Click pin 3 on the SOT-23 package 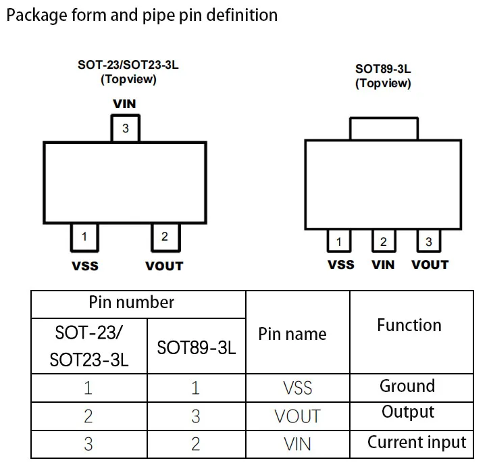[x=125, y=128]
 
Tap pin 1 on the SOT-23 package [x=84, y=237]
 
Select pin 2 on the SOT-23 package [x=164, y=237]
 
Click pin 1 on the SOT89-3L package [x=338, y=242]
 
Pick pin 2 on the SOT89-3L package [x=383, y=242]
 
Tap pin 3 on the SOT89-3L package [x=428, y=242]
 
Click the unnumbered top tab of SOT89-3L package [x=383, y=128]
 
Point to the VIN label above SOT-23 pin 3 [x=124, y=104]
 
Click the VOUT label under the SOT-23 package [x=164, y=266]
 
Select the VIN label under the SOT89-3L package [x=383, y=264]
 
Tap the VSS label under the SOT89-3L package [x=340, y=264]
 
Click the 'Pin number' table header [x=132, y=303]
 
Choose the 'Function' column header [x=409, y=325]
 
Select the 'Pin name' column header [x=292, y=334]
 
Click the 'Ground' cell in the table [x=407, y=386]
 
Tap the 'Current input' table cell [x=416, y=443]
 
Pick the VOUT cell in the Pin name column [x=297, y=416]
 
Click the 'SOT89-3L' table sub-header [x=196, y=349]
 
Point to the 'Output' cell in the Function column [x=407, y=412]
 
